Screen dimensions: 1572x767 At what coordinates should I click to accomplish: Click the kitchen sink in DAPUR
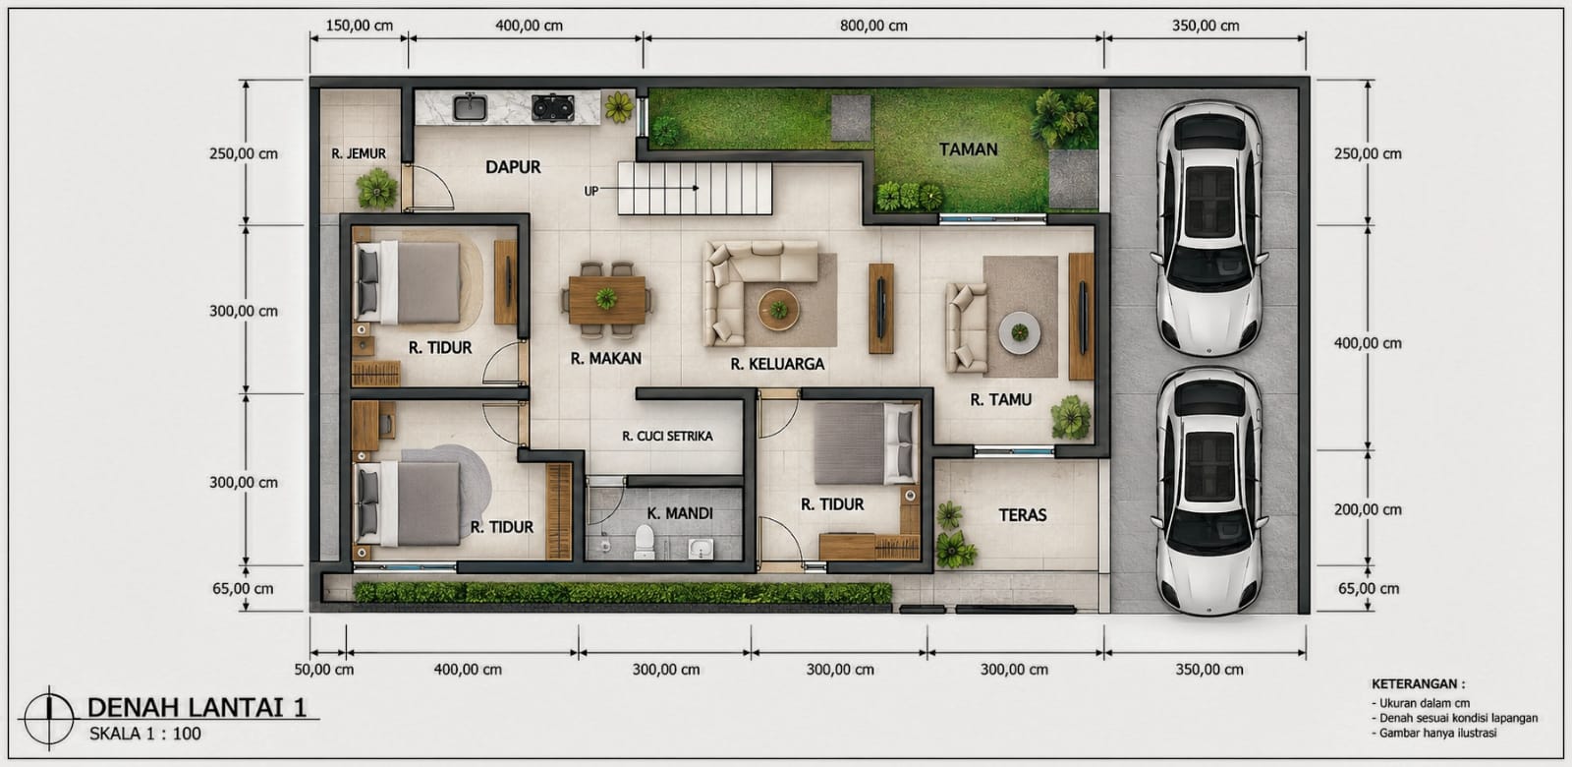click(x=470, y=108)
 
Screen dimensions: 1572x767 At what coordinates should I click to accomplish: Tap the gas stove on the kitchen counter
click(x=552, y=107)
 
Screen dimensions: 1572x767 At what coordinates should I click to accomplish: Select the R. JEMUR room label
click(x=359, y=153)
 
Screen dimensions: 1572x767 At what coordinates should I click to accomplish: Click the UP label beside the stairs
click(x=590, y=191)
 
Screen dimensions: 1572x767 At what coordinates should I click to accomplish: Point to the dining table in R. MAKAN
click(x=607, y=300)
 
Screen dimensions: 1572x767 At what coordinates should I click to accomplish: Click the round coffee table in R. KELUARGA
click(x=778, y=309)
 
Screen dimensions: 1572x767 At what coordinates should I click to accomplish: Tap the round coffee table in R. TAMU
click(x=1020, y=332)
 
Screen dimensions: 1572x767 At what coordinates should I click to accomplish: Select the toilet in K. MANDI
click(x=645, y=542)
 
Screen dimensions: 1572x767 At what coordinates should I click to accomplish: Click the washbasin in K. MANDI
click(x=701, y=548)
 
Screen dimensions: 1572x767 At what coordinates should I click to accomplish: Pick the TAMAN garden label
click(x=969, y=149)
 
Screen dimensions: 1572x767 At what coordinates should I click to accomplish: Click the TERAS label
click(x=1023, y=515)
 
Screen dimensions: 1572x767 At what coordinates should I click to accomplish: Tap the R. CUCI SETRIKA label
click(x=667, y=437)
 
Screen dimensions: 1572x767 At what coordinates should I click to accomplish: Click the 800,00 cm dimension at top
click(x=873, y=26)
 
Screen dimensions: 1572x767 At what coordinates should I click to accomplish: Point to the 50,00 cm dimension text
click(x=323, y=670)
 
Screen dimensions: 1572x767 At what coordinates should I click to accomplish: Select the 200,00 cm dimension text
click(x=1368, y=510)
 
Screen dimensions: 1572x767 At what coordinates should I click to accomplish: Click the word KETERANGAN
click(x=1418, y=683)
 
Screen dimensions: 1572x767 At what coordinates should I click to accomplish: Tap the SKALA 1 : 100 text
click(x=145, y=734)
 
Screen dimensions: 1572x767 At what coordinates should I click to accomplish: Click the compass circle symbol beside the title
click(x=49, y=718)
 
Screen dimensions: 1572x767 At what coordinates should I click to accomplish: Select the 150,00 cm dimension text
click(x=360, y=26)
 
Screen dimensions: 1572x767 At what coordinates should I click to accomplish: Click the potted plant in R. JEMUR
click(x=377, y=189)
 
